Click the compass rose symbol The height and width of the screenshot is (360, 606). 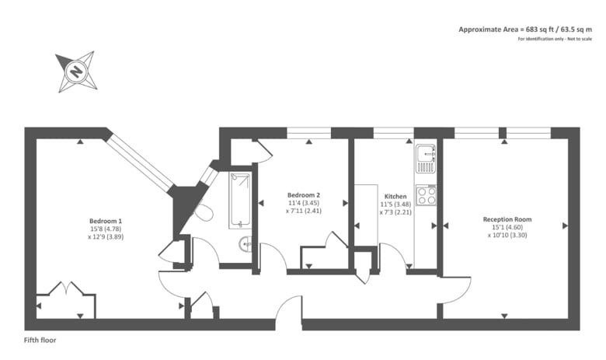point(76,72)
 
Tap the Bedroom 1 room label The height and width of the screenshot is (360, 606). point(106,221)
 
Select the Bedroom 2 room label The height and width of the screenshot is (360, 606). point(304,194)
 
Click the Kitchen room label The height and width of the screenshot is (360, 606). point(395,196)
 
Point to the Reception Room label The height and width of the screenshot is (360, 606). point(507,219)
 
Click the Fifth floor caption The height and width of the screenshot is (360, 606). point(40,340)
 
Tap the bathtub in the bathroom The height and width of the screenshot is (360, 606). point(239,200)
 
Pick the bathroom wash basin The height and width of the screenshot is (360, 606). point(246,244)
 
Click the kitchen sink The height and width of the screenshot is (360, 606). point(425,159)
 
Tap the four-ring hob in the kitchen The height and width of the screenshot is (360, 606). point(426,195)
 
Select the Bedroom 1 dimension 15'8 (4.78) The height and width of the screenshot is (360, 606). point(106,229)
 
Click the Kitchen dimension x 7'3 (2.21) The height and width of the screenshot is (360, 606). point(395,211)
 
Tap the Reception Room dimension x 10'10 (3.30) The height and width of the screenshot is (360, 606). point(507,235)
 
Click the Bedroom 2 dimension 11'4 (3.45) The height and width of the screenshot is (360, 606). point(304,202)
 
